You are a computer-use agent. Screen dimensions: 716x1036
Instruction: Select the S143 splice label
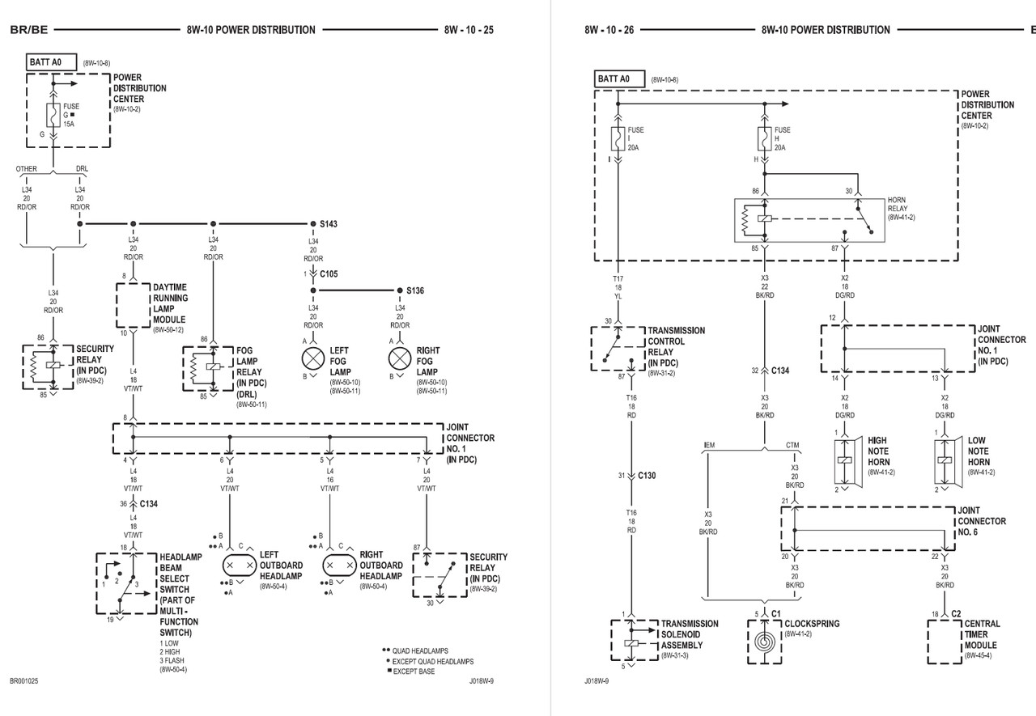point(329,223)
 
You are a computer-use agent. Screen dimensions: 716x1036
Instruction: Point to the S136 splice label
point(416,290)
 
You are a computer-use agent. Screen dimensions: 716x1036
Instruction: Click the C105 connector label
point(329,274)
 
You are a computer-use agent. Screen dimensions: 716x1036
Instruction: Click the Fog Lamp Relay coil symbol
point(211,367)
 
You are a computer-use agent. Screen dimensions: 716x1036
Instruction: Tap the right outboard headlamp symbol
point(339,564)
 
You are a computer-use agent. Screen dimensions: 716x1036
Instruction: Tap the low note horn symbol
point(944,460)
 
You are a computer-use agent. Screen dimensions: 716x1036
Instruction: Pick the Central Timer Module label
point(982,634)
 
